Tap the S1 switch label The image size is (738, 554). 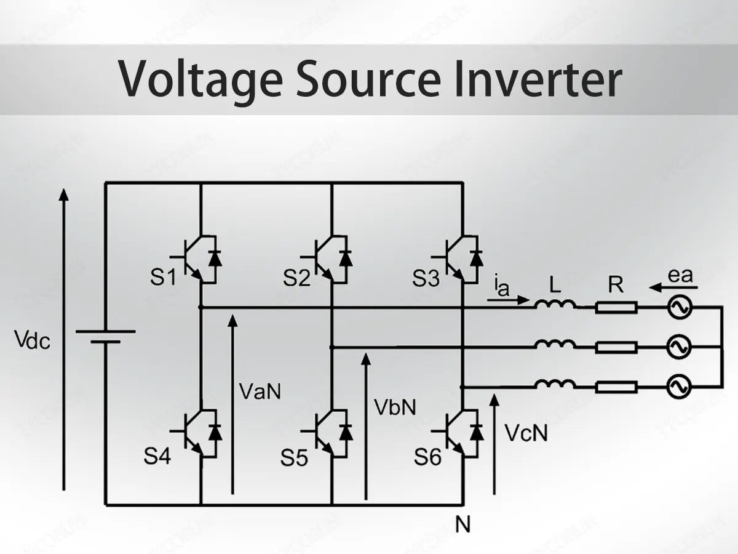(163, 278)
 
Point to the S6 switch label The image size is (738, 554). (427, 457)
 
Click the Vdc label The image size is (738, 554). (32, 340)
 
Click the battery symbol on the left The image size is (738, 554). (105, 336)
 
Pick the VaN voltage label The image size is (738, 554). (260, 391)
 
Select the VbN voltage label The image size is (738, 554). (395, 406)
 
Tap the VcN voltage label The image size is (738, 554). (526, 433)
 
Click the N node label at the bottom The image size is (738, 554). (462, 524)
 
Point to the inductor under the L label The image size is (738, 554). (555, 303)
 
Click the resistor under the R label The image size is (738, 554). (616, 307)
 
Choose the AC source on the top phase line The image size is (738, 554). (680, 307)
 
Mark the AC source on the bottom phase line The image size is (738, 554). (680, 387)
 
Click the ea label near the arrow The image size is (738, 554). (680, 275)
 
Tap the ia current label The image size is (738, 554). (502, 286)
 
